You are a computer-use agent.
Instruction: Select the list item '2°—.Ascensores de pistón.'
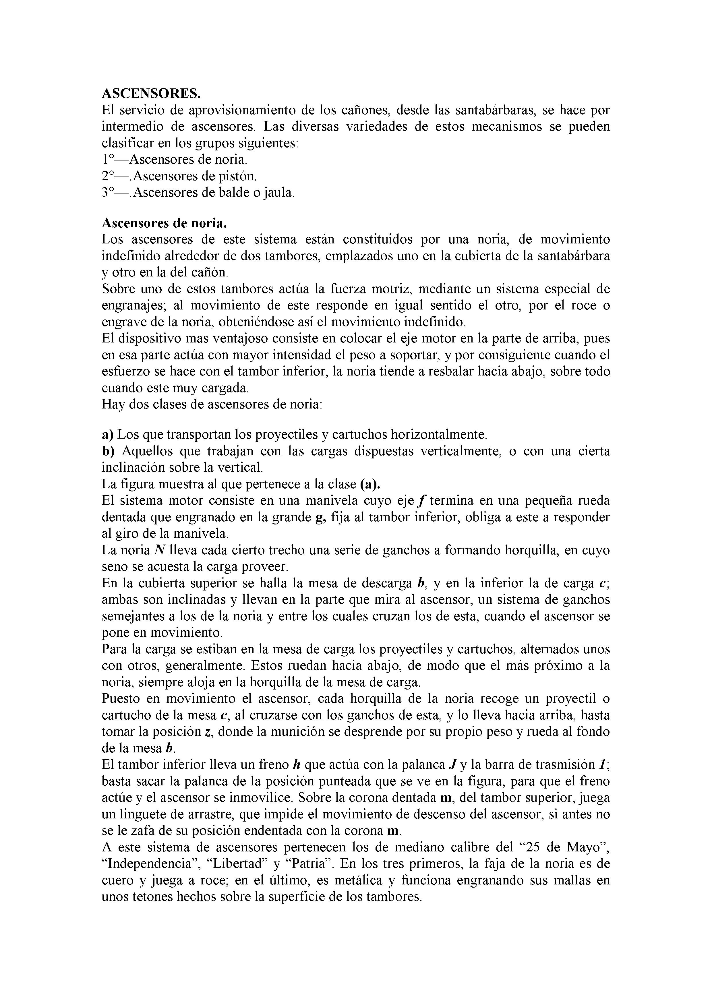click(179, 176)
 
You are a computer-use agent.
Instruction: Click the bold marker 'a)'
click(107, 435)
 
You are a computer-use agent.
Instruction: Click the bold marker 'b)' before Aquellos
click(108, 451)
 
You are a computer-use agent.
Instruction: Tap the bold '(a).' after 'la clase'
click(370, 484)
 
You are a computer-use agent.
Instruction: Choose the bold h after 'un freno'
click(296, 765)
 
